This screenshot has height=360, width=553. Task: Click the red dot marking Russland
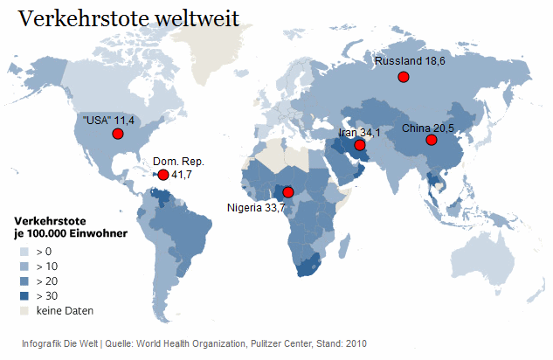(403, 78)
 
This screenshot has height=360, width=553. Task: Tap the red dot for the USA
(116, 134)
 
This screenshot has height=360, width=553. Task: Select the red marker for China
(431, 141)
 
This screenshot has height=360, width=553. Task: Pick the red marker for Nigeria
(288, 191)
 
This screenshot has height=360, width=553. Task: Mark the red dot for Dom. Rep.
(162, 175)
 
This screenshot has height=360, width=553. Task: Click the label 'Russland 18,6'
(410, 62)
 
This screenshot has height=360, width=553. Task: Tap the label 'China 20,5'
(428, 128)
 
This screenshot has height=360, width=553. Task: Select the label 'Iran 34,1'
(359, 133)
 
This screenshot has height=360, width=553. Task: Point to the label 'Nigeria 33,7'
(256, 208)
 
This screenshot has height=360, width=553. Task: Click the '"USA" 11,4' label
(109, 120)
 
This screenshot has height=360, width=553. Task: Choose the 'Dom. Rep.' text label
(178, 162)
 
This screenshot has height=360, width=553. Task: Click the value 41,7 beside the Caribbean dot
(182, 176)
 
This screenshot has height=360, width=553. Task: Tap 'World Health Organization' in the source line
(189, 343)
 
